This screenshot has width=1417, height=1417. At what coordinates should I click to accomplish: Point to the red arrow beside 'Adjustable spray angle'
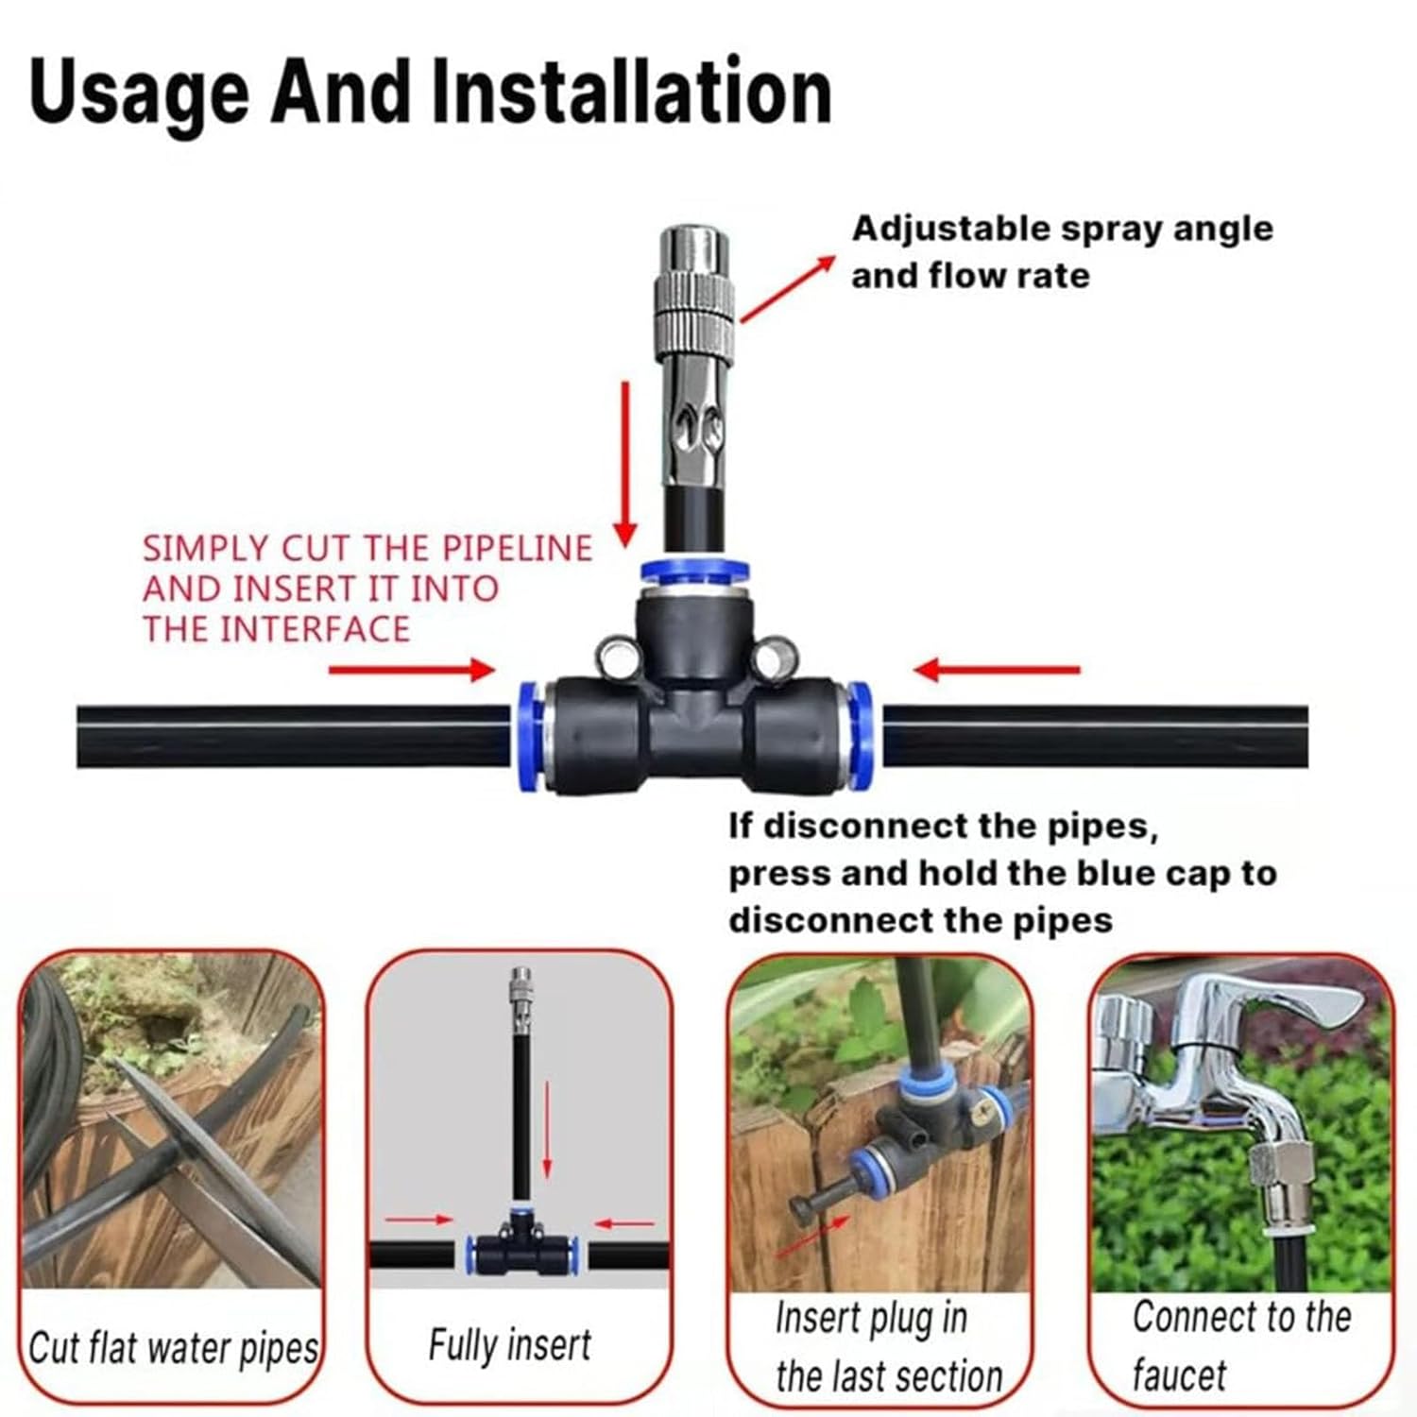787,288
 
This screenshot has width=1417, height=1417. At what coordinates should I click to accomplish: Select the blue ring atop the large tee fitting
694,571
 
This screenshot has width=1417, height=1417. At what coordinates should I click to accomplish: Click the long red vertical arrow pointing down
624,463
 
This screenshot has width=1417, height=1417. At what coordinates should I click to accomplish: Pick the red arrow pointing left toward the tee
997,670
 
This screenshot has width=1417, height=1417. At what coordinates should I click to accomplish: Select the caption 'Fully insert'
509,1344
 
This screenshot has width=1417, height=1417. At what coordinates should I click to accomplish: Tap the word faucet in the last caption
1178,1374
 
